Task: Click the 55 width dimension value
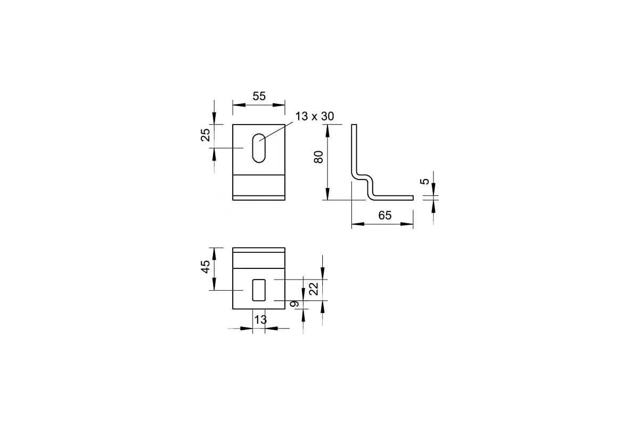(259, 96)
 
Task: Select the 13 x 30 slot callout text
(314, 117)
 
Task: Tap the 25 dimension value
(206, 135)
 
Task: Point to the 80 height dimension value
(318, 157)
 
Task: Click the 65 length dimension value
(385, 216)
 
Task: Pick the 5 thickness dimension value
(425, 181)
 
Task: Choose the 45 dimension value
(206, 267)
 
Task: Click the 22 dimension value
(314, 289)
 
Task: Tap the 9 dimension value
(294, 304)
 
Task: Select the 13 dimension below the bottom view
(260, 320)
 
